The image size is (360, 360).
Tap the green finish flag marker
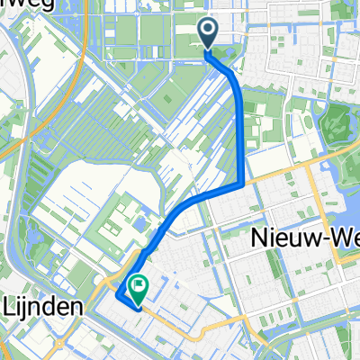click(139, 288)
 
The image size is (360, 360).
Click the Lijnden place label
click(42, 306)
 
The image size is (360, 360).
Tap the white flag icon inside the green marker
click(139, 287)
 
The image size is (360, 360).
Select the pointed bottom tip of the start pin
click(208, 49)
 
